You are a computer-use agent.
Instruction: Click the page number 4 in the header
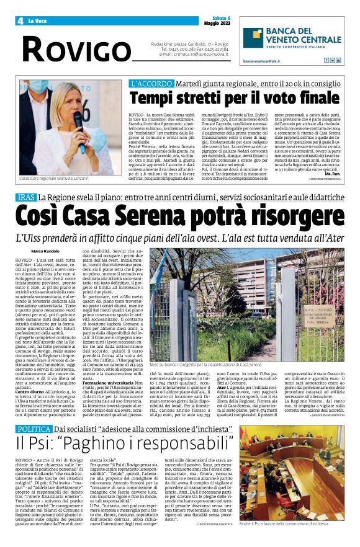(20, 20)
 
